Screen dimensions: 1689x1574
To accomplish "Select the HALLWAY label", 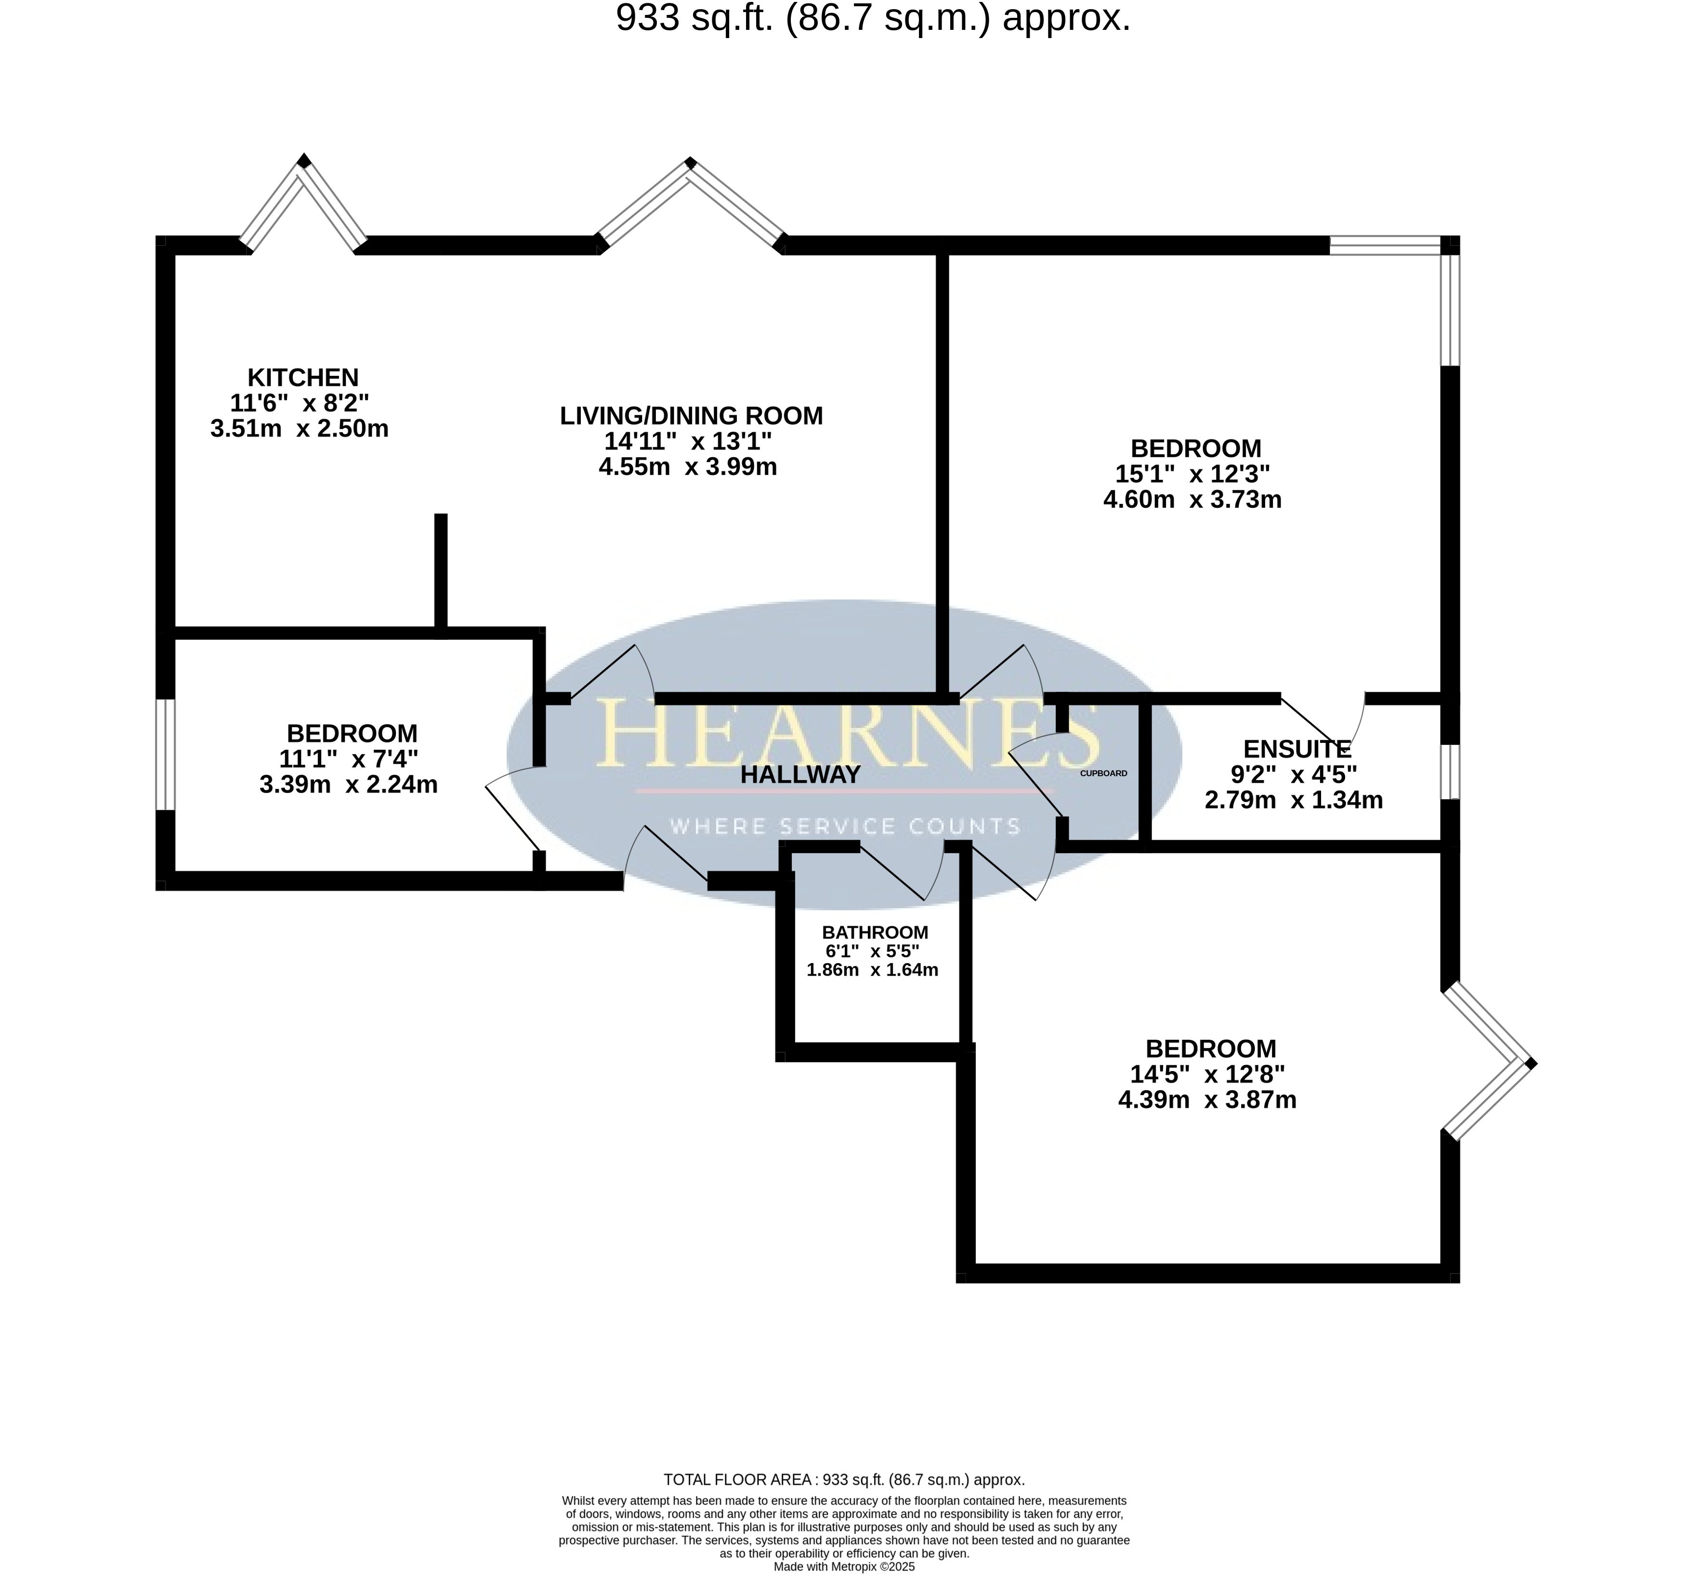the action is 800,774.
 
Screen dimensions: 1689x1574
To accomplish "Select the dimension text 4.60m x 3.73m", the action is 1192,500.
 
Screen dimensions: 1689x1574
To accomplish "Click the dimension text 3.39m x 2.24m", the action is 348,784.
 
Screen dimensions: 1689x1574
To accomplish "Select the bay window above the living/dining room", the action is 691,204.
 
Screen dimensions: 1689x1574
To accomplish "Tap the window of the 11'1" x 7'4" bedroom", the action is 166,754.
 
